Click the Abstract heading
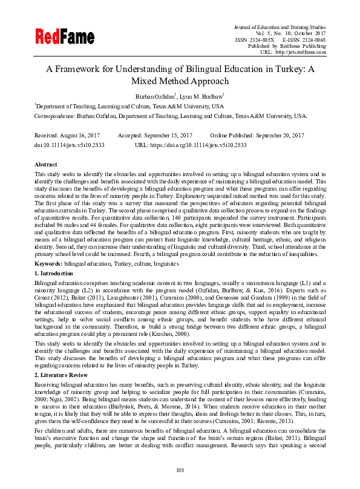pos(46,164)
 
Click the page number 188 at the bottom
pos(180,470)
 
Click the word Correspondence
pos(54,116)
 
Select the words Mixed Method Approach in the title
pos(180,80)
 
